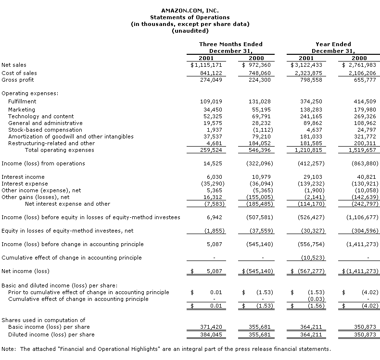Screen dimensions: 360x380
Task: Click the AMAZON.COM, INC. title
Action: coord(190,10)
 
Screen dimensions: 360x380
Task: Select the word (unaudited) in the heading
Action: coord(190,31)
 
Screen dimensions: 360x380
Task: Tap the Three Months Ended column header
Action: coord(231,44)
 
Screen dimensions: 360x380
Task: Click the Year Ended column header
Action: coord(333,44)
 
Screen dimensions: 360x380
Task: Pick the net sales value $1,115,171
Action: coord(206,65)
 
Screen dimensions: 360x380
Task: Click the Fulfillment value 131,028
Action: coord(260,101)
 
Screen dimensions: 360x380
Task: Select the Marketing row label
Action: coord(22,110)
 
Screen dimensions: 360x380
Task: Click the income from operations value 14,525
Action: coord(213,163)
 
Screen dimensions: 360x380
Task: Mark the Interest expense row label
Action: coord(24,184)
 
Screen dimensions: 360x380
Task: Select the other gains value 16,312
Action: coord(213,197)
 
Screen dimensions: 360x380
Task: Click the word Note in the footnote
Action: coord(8,348)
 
